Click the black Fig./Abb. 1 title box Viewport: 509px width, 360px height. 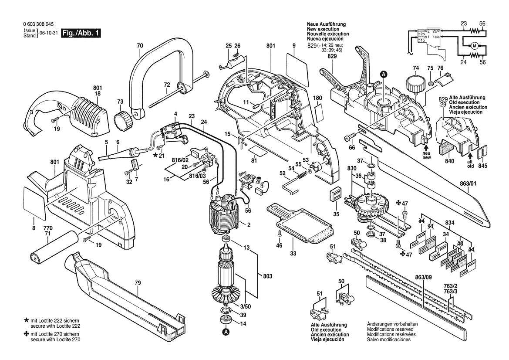point(81,34)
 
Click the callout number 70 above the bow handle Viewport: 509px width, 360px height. point(139,45)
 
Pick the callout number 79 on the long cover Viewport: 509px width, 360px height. point(138,283)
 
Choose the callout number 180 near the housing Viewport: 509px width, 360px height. point(317,98)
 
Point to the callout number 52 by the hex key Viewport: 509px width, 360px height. point(282,173)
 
